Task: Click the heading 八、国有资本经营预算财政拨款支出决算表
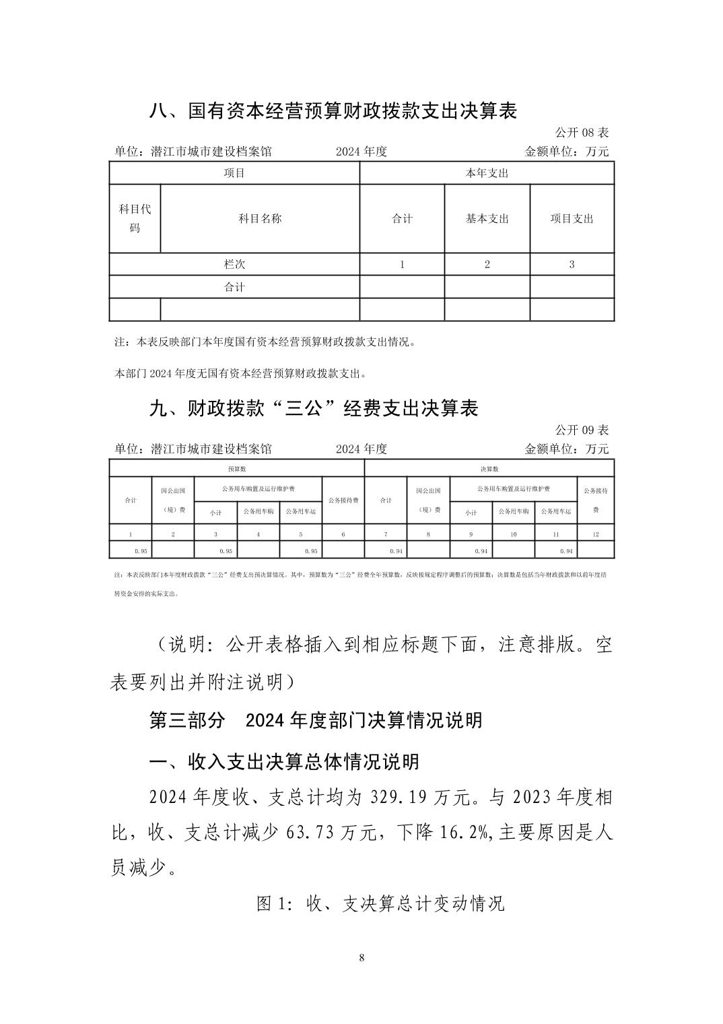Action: coord(333,110)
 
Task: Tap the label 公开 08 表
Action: coord(582,132)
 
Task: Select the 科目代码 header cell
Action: coord(135,218)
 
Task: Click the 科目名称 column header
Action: coord(260,218)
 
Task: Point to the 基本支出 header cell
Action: coord(487,218)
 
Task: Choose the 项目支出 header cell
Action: coord(572,218)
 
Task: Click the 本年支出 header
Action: coord(487,173)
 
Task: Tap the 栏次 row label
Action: coord(234,264)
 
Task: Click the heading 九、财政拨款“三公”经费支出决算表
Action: coord(313,408)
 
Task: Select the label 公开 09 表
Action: coord(582,430)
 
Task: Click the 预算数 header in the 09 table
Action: coord(236,469)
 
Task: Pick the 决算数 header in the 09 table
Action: coord(489,469)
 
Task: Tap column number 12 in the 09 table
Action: coord(595,534)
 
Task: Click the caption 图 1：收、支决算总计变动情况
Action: coord(380,903)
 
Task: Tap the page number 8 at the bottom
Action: coord(362,958)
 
